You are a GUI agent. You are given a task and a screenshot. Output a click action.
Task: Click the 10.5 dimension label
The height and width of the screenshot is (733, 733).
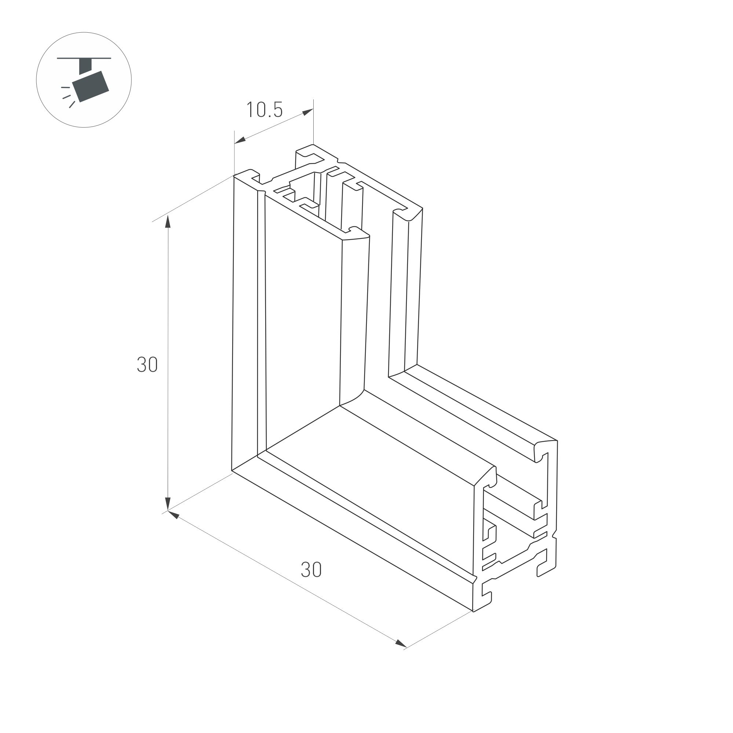tap(265, 110)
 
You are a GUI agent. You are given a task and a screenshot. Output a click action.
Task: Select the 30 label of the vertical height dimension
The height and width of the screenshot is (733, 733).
tap(147, 365)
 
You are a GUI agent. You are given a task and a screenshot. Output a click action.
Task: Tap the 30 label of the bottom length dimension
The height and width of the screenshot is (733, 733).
tap(311, 570)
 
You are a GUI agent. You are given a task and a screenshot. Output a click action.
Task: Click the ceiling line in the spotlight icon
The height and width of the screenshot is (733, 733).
tap(84, 58)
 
